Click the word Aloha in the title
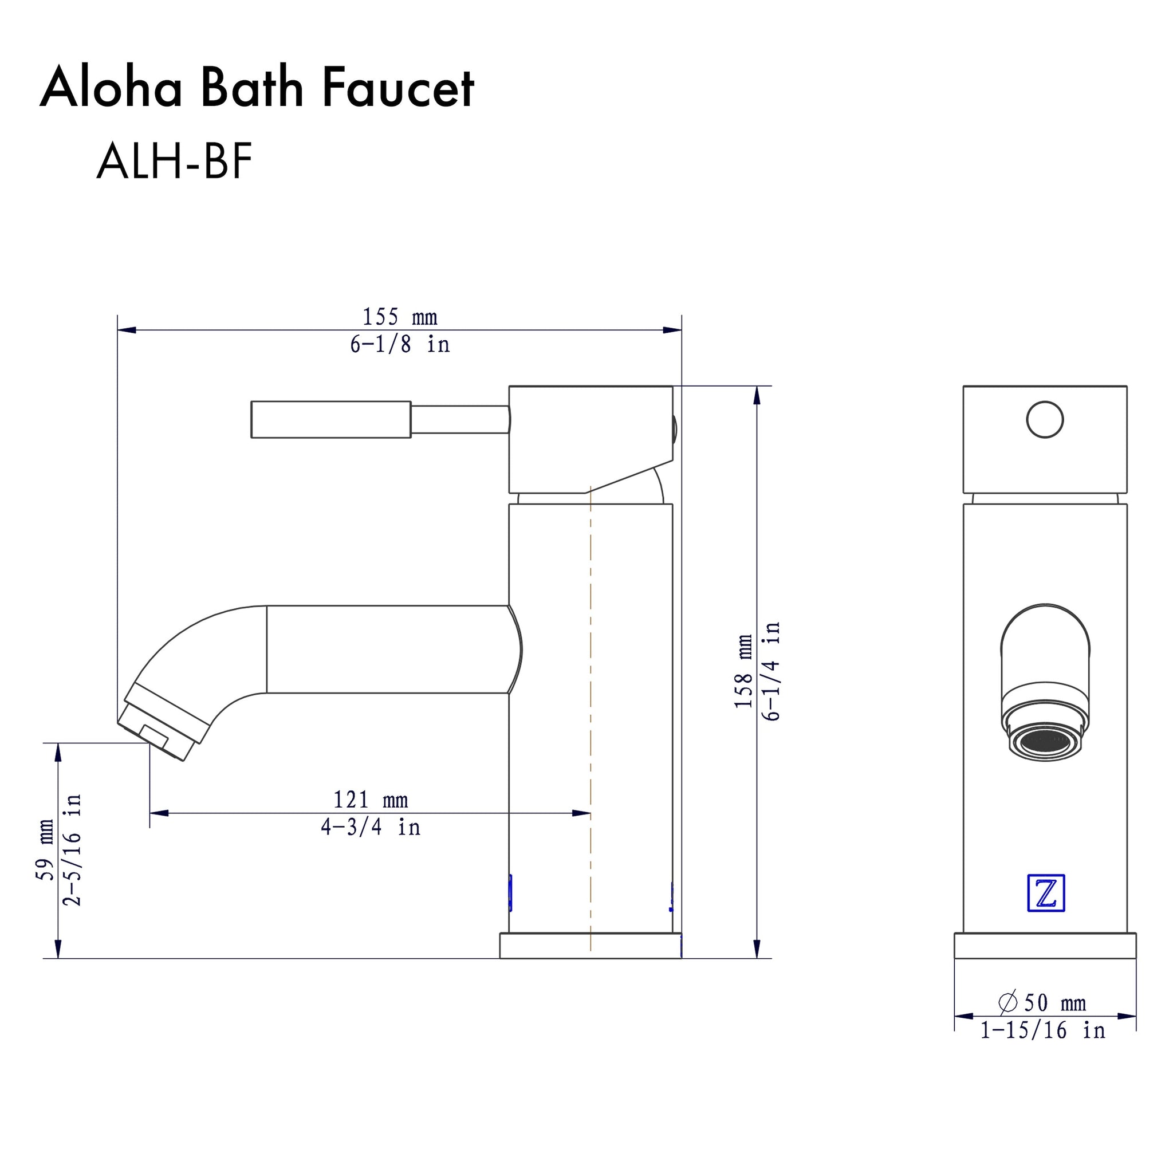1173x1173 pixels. click(x=111, y=88)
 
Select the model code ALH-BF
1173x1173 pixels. click(x=174, y=162)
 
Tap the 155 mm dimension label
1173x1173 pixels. click(x=400, y=317)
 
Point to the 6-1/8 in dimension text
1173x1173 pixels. click(x=400, y=345)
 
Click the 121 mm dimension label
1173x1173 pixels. click(x=371, y=800)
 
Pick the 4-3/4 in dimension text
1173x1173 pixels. click(x=371, y=827)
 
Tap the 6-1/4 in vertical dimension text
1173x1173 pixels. click(x=771, y=671)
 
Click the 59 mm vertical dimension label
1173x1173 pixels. click(x=46, y=850)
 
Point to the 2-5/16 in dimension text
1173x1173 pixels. click(x=72, y=850)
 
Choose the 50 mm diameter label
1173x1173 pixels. click(x=1054, y=1003)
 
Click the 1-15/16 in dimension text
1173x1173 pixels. click(x=1042, y=1030)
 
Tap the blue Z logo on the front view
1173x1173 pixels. click(x=1045, y=892)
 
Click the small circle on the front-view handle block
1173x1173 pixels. click(x=1045, y=419)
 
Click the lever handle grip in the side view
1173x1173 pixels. click(x=331, y=419)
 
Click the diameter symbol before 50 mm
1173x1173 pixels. click(x=1008, y=1002)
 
